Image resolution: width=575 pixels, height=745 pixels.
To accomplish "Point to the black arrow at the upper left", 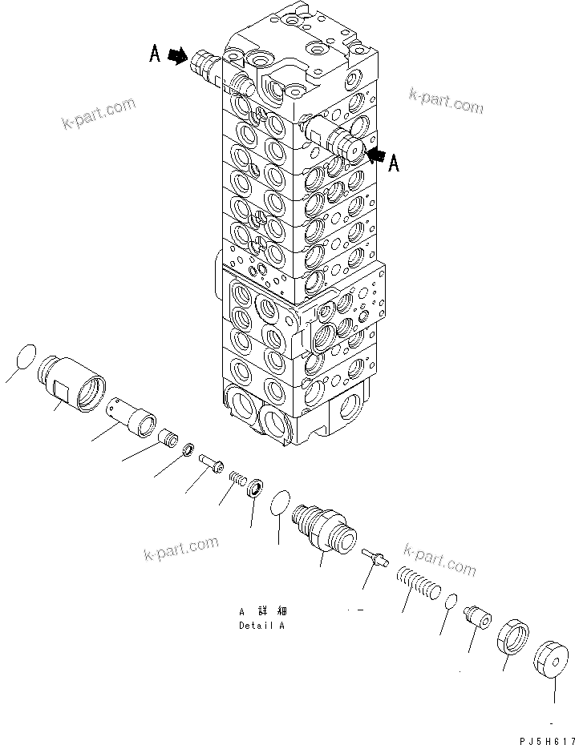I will [x=178, y=57].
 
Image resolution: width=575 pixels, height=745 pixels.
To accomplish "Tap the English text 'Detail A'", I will [x=261, y=625].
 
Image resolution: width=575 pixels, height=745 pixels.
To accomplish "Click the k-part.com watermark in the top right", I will [x=446, y=101].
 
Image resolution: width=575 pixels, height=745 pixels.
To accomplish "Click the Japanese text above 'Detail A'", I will [x=261, y=610].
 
